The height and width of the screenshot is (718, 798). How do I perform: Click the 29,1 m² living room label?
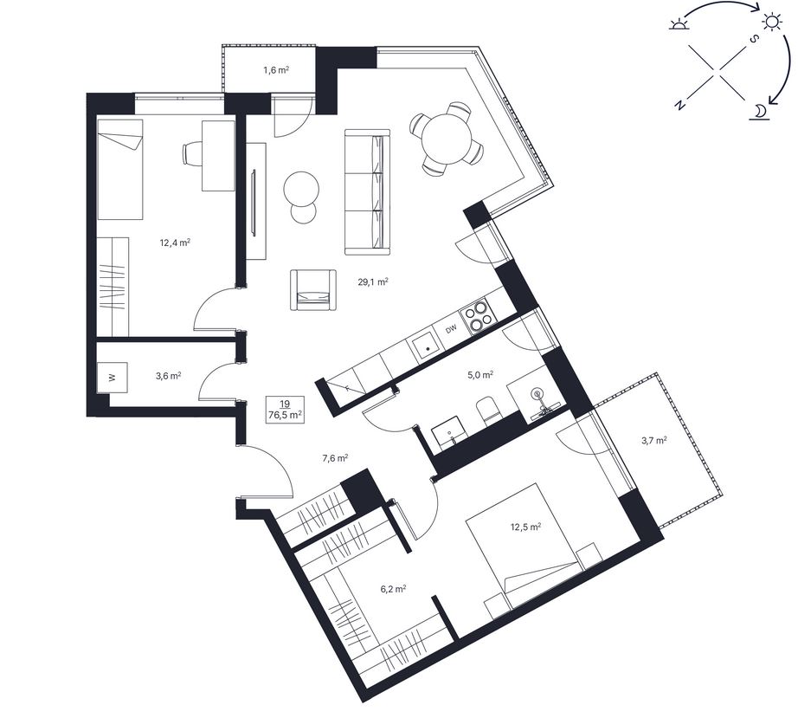pyautogui.click(x=373, y=281)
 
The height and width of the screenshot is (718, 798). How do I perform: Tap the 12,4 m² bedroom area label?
pyautogui.click(x=175, y=243)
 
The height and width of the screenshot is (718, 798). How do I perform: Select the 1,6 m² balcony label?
pyautogui.click(x=276, y=70)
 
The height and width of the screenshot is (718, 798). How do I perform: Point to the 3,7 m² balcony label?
pyautogui.click(x=654, y=441)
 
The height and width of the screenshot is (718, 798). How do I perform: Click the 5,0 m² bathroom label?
pyautogui.click(x=479, y=375)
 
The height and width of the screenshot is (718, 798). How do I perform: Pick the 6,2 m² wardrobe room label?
pyautogui.click(x=393, y=589)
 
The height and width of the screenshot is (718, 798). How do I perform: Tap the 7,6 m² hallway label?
pyautogui.click(x=335, y=458)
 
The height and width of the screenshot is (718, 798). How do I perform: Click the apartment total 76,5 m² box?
pyautogui.click(x=285, y=410)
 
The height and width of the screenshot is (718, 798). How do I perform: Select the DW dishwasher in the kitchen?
pyautogui.click(x=451, y=330)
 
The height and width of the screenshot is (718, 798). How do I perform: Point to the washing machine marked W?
pyautogui.click(x=112, y=378)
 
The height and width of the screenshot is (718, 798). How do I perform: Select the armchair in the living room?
pyautogui.click(x=313, y=290)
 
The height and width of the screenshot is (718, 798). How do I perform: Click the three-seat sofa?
pyautogui.click(x=368, y=191)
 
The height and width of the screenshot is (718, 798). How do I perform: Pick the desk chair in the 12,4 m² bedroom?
pyautogui.click(x=192, y=153)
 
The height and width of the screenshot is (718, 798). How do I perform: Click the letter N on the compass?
pyautogui.click(x=679, y=105)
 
